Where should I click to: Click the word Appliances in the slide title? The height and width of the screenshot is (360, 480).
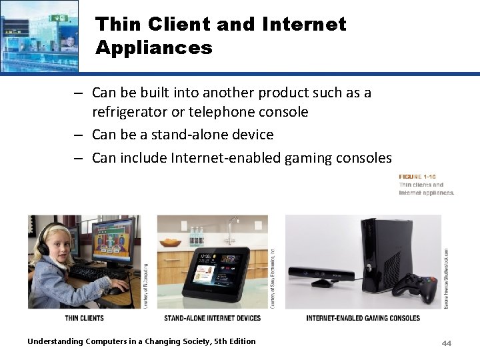(153, 48)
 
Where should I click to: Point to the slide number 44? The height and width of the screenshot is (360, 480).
(446, 343)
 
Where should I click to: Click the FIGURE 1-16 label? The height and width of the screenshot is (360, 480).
(417, 177)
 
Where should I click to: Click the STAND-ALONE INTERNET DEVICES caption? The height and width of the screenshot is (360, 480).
(213, 318)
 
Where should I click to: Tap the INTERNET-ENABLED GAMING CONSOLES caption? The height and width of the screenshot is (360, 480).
(363, 318)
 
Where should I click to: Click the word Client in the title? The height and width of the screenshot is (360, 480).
(179, 25)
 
